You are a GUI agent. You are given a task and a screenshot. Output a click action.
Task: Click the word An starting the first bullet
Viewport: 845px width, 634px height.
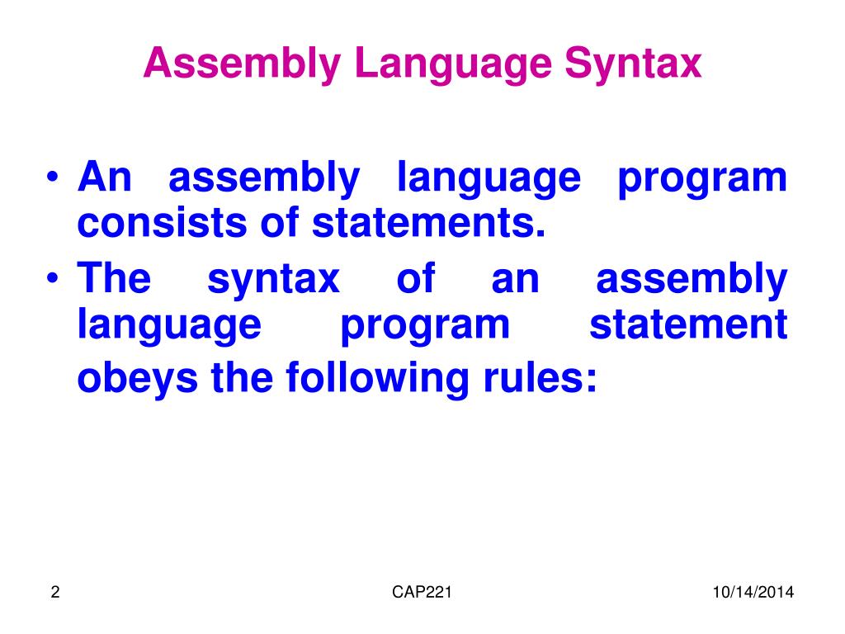(x=104, y=178)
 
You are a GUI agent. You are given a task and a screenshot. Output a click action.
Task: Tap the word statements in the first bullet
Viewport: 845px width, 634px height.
(x=429, y=223)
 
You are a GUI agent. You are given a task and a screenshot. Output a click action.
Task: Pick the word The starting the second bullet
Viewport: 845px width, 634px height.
(x=114, y=279)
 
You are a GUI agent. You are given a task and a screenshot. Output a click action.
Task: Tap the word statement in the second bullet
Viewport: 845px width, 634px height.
(x=688, y=324)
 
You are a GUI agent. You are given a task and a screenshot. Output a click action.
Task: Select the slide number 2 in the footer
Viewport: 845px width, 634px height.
(x=54, y=592)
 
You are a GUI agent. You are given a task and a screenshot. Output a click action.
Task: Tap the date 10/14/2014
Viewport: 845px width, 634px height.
(x=753, y=592)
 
